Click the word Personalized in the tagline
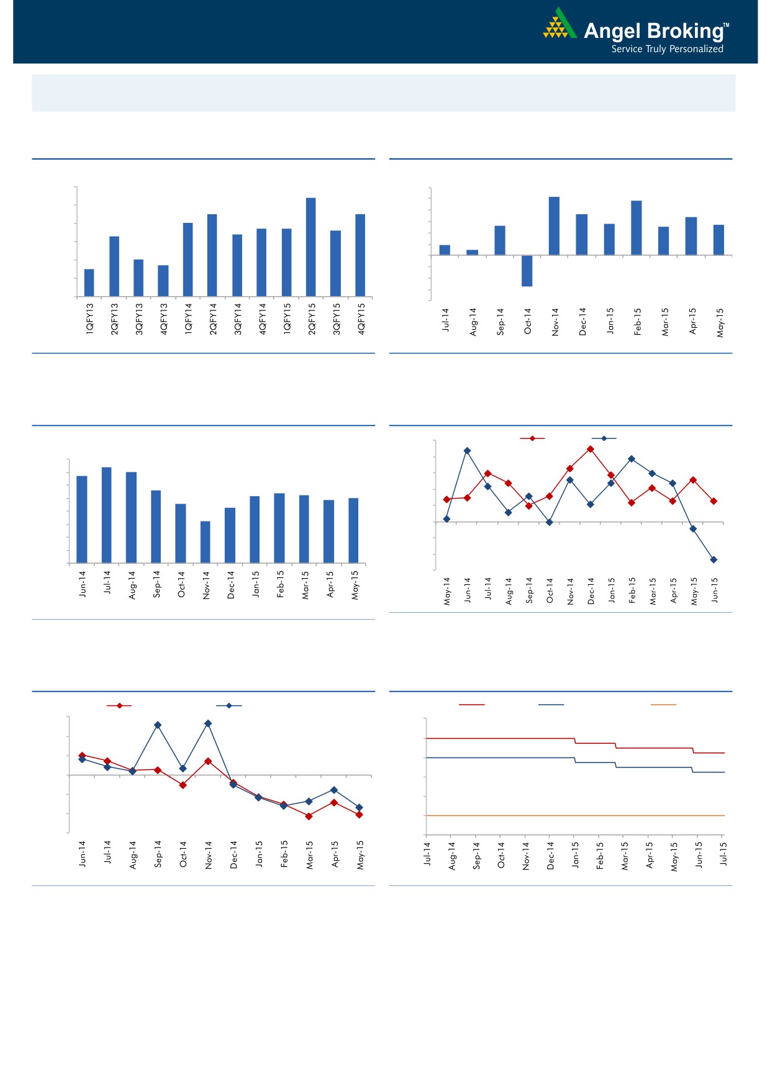(x=696, y=49)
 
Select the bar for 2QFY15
(x=310, y=247)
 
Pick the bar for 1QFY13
(x=89, y=282)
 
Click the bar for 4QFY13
(x=163, y=281)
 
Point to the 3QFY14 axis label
(x=238, y=319)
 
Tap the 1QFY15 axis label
(x=287, y=319)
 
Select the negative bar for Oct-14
(x=527, y=271)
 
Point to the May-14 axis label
(x=447, y=591)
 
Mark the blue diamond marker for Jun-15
(x=713, y=559)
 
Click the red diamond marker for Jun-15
(x=713, y=501)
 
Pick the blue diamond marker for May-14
(x=446, y=519)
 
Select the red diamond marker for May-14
(x=446, y=499)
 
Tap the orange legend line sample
(x=663, y=705)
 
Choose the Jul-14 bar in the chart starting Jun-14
(x=107, y=515)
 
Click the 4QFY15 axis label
(x=361, y=319)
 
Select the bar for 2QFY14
(x=212, y=255)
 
